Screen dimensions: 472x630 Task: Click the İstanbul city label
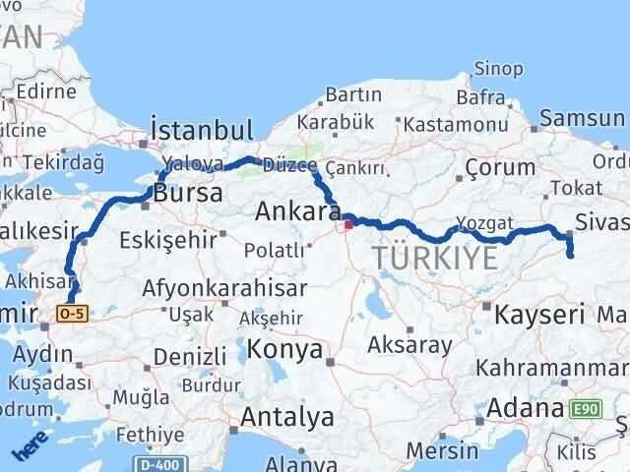point(201,131)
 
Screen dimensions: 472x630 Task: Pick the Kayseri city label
point(540,316)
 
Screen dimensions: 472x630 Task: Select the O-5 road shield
point(73,313)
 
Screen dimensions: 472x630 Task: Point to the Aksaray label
point(409,345)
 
